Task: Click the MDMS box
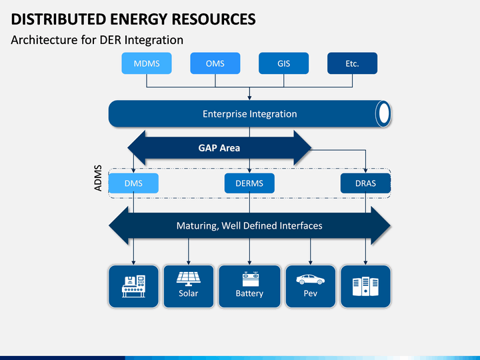coord(147,63)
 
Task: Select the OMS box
coord(215,63)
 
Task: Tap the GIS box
coord(284,63)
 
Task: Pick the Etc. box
coord(353,63)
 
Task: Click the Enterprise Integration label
coord(250,114)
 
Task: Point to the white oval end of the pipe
coord(384,113)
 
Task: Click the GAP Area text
coord(219,148)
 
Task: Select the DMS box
coord(133,183)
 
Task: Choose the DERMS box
coord(249,183)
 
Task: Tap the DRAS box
coord(365,183)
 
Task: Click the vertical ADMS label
coord(97,178)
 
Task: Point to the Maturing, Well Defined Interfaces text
coord(249,225)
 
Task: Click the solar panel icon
coord(188,279)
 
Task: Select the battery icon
coord(251,279)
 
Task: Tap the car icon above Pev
coord(310,279)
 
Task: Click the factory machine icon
coord(133,286)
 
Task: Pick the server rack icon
coord(365,286)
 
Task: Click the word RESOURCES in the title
coord(213,19)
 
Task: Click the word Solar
coord(188,293)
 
